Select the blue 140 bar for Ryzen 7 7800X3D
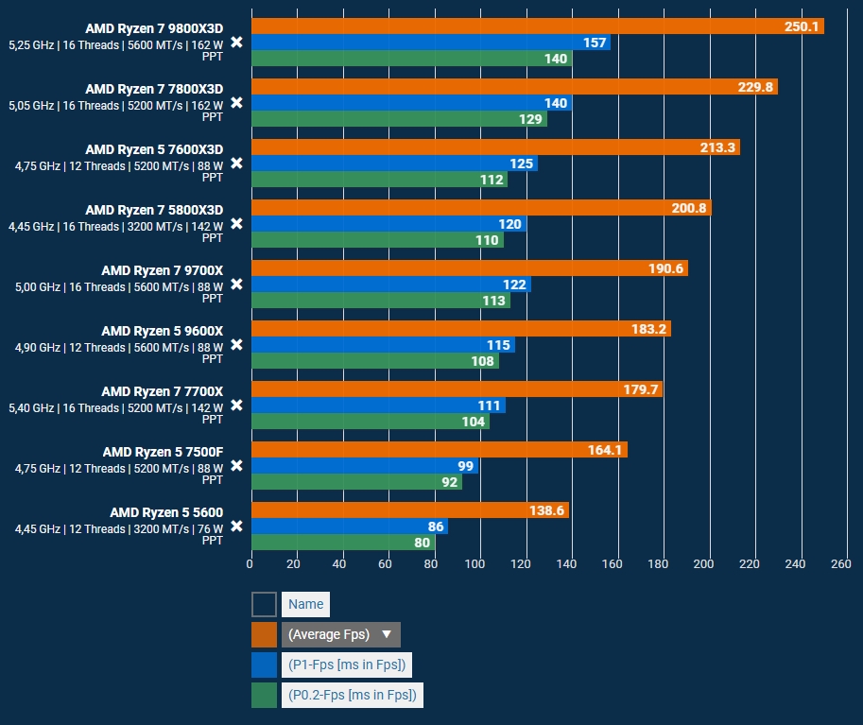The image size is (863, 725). [411, 103]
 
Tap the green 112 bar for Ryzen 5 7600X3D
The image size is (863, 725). [378, 180]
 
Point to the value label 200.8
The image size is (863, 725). [689, 208]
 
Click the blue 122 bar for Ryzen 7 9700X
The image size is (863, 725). [390, 285]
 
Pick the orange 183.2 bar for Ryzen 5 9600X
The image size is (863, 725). [460, 329]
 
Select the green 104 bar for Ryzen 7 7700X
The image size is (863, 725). [369, 422]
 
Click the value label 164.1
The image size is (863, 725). [605, 450]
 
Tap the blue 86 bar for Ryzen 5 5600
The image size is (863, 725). [348, 526]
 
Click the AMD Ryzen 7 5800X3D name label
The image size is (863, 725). [154, 210]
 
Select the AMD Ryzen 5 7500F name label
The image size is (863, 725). [163, 452]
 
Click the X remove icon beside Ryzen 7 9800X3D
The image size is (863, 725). [237, 42]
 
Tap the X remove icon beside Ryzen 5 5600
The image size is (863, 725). [237, 526]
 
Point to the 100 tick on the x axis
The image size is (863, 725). [476, 564]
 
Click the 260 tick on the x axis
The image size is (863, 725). [839, 564]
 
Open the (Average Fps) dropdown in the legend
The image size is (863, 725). [340, 634]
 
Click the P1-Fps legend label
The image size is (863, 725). [347, 665]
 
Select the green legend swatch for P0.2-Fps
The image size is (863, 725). [265, 696]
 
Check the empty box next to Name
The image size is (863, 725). [265, 604]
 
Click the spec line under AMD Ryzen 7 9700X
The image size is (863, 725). [118, 286]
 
